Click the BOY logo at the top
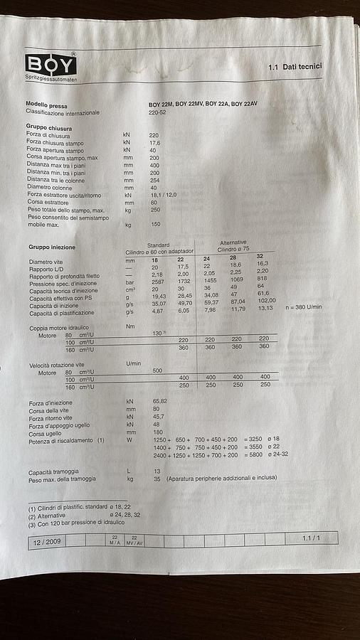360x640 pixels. [51, 65]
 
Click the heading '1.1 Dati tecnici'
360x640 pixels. [295, 67]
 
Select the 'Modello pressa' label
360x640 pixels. [47, 105]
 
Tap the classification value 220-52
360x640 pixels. [158, 112]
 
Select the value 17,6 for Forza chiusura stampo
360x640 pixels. [154, 143]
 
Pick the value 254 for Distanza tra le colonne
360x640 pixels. [154, 180]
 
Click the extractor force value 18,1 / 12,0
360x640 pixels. [163, 195]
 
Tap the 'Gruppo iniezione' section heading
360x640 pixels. [52, 247]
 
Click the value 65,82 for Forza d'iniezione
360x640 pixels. [159, 402]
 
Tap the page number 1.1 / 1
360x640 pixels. [312, 539]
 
